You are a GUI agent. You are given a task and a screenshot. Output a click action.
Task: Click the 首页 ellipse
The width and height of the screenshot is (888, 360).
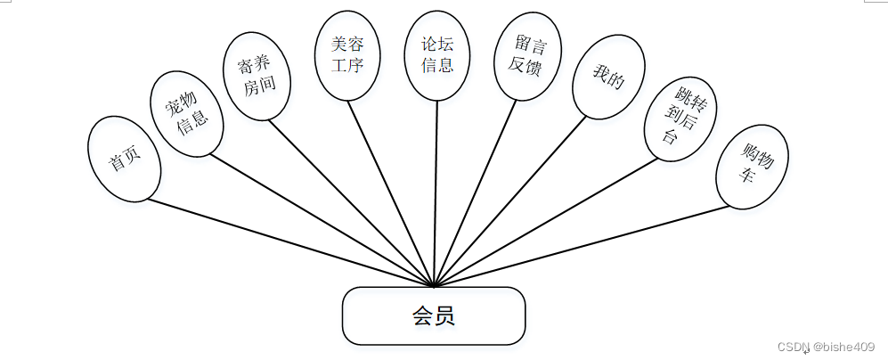pos(125,159)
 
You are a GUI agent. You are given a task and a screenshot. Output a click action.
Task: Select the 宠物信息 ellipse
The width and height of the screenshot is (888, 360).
pos(186,114)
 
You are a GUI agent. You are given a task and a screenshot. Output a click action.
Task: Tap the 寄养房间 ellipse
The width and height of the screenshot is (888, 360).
pos(256,76)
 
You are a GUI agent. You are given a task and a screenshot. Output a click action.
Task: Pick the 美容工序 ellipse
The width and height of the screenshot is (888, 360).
pos(348,54)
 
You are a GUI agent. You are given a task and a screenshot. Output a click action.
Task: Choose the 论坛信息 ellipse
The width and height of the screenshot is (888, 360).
pos(436,54)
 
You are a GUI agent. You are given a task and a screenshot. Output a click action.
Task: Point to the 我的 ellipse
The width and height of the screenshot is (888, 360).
pos(608,78)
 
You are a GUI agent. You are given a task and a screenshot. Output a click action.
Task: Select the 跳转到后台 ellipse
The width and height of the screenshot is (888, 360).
pos(681,116)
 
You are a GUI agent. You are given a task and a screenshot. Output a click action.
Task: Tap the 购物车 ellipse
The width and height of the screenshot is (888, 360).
pos(752,166)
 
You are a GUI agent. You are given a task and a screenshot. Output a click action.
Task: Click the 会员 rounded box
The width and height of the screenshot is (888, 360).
pos(434,315)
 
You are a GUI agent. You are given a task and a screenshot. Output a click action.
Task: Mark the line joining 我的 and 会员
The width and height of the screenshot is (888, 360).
pos(510,202)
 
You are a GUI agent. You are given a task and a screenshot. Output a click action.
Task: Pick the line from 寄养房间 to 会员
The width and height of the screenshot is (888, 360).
pos(351,202)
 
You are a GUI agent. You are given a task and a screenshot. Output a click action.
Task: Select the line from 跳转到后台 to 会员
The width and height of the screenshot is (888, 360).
pos(545,224)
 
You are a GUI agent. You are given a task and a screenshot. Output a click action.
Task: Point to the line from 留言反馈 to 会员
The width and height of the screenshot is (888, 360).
pos(475,192)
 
